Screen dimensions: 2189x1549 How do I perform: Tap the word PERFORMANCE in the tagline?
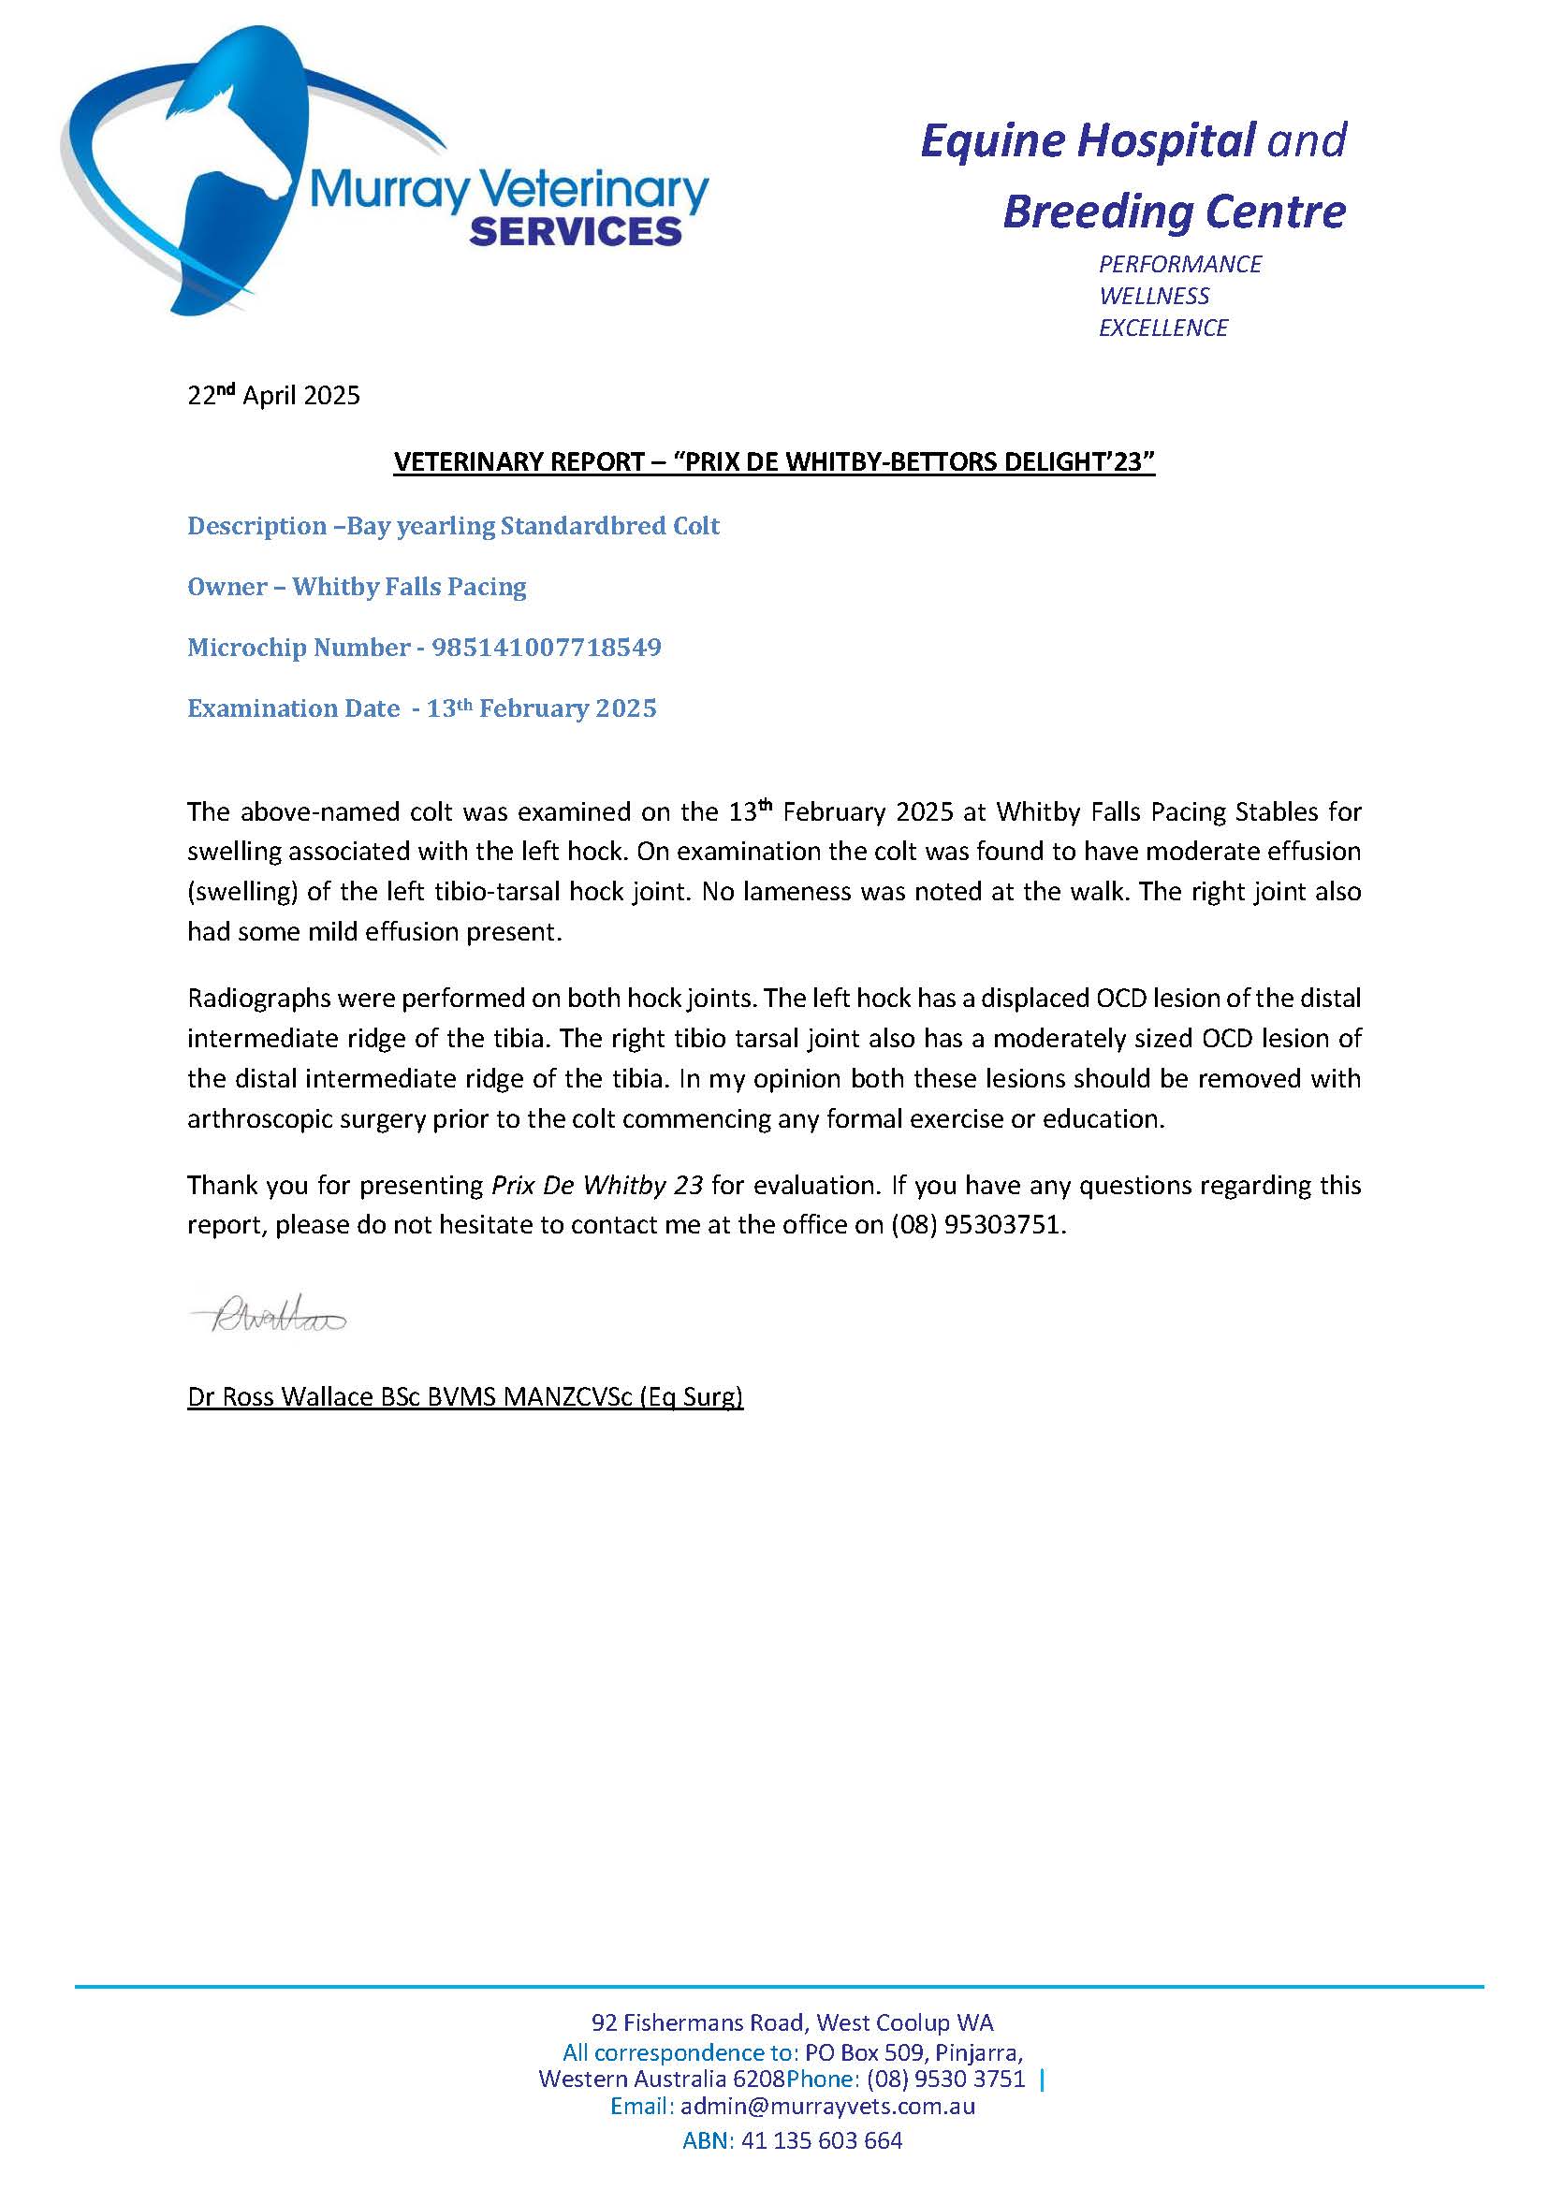pyautogui.click(x=1180, y=264)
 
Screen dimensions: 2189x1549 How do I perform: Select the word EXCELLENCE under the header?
pyautogui.click(x=1162, y=328)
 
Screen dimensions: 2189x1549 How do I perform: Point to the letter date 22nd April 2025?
pyautogui.click(x=273, y=395)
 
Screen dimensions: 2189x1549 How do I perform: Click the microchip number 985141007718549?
pyautogui.click(x=547, y=648)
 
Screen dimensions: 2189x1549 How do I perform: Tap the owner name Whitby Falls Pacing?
pyautogui.click(x=409, y=587)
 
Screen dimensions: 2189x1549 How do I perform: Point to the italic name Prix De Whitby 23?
pyautogui.click(x=597, y=1185)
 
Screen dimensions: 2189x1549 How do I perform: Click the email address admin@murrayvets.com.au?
pyautogui.click(x=826, y=2106)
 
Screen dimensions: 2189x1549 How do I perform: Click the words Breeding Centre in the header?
pyautogui.click(x=1174, y=211)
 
